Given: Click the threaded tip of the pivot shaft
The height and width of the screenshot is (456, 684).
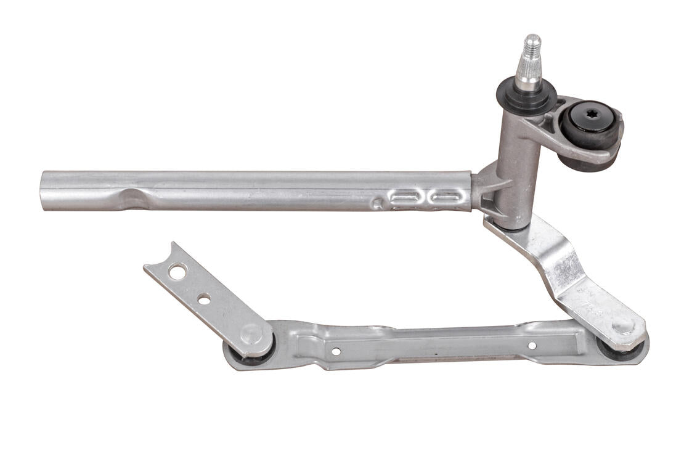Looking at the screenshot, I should coord(531,45).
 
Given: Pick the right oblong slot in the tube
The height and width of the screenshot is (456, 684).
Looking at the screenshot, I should coord(447,197).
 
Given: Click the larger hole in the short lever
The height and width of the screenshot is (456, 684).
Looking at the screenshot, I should coord(177,271).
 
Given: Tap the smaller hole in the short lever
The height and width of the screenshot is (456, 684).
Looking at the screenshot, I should coord(204,299).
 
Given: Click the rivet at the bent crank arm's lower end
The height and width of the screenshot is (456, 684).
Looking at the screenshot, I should coord(622,326).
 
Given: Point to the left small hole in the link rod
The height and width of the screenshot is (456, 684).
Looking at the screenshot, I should coord(336,351).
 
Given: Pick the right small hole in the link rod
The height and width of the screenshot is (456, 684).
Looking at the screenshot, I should coord(532,346).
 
